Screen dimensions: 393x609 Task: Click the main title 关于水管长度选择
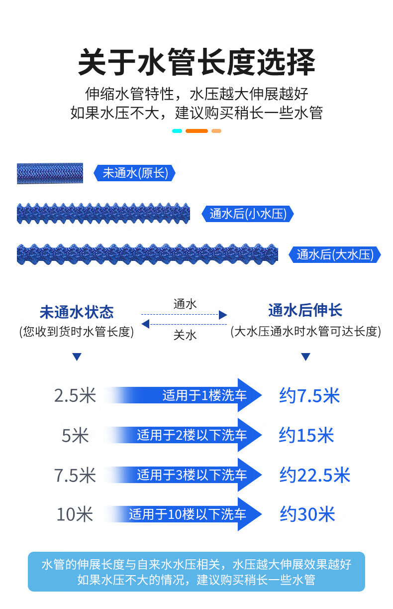pyautogui.click(x=196, y=62)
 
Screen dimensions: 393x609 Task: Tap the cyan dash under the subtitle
pyautogui.click(x=177, y=131)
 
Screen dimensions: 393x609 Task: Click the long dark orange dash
pyautogui.click(x=196, y=131)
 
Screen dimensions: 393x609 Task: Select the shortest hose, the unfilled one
pyautogui.click(x=50, y=173)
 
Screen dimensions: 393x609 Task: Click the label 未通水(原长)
pyautogui.click(x=135, y=173)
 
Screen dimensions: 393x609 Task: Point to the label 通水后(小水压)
pyautogui.click(x=248, y=214)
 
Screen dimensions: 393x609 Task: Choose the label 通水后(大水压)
pyautogui.click(x=335, y=255)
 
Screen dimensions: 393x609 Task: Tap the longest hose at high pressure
pyautogui.click(x=147, y=254)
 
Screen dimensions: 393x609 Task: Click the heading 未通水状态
pyautogui.click(x=77, y=312)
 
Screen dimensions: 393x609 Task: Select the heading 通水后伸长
pyautogui.click(x=305, y=310)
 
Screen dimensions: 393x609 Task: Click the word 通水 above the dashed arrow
pyautogui.click(x=185, y=304)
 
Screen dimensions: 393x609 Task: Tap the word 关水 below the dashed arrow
pyautogui.click(x=185, y=335)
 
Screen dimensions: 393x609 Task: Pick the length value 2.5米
pyautogui.click(x=75, y=395)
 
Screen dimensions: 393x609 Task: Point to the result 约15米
pyautogui.click(x=306, y=435)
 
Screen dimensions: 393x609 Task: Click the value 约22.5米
pyautogui.click(x=315, y=475)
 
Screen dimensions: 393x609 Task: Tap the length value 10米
pyautogui.click(x=75, y=514)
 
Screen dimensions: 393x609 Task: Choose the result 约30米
pyautogui.click(x=307, y=514)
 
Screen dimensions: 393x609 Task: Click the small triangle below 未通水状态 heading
pyautogui.click(x=77, y=357)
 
